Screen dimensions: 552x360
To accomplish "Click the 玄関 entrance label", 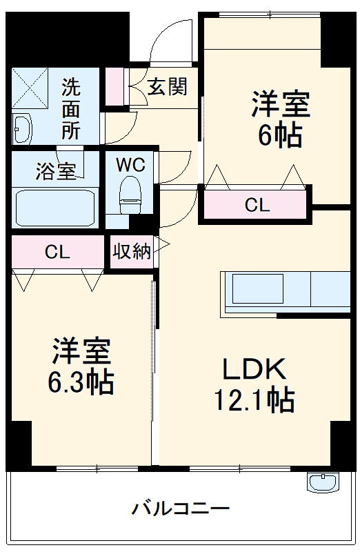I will [x=168, y=87].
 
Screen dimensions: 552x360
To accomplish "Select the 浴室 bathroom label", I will [x=55, y=172].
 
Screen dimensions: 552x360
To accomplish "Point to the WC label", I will [x=130, y=165].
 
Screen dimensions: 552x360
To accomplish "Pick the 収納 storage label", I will [x=132, y=252].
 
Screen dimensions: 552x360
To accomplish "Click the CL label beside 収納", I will [x=57, y=252].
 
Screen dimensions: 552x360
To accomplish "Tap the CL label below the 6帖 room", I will [x=257, y=205].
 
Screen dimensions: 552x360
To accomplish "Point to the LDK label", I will [x=254, y=370].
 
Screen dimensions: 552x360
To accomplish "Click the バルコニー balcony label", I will [x=181, y=510].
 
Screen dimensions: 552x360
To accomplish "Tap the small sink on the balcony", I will [x=322, y=481].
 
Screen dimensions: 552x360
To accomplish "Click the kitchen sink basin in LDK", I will [x=257, y=290].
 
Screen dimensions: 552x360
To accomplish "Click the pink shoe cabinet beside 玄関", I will [x=113, y=86].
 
